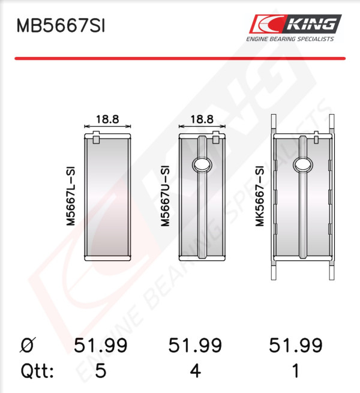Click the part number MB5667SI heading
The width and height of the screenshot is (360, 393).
pos(61,26)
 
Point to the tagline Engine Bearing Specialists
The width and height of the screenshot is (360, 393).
pos(290,39)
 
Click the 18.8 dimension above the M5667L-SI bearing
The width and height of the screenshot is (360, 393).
pos(107,119)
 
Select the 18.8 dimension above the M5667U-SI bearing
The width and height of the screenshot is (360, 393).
pos(202,119)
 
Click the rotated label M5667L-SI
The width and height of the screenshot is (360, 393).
pos(71,196)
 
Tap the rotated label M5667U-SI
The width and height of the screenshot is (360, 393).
pos(166,196)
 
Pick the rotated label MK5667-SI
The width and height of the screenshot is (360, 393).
pos(260,196)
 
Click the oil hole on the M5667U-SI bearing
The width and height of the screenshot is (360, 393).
pos(202,165)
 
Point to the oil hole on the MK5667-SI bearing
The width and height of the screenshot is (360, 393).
pos(303,165)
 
